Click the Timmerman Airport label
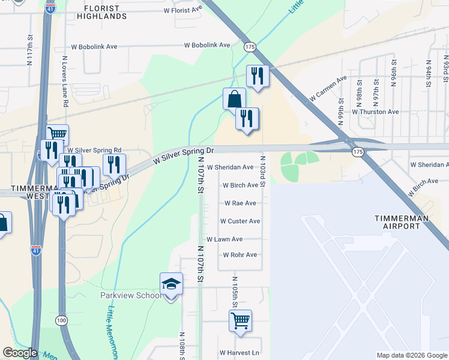[405, 222]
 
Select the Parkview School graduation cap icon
[171, 283]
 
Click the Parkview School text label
[130, 295]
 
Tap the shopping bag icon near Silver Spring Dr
[235, 99]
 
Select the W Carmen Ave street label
[328, 88]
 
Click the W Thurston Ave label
[375, 112]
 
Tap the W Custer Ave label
[240, 221]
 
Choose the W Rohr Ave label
[240, 255]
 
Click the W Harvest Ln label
[240, 353]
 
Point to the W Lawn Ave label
[224, 239]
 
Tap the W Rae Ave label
[241, 203]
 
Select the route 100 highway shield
[61, 320]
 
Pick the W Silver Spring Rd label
[94, 151]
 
